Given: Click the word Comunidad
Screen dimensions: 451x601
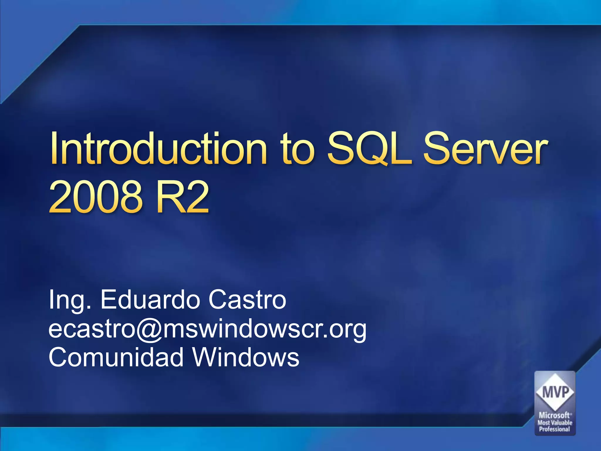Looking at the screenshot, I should point(116,357).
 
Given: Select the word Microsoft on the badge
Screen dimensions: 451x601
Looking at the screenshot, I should point(554,415).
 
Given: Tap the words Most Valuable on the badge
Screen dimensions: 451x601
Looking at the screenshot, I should point(555,423).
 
